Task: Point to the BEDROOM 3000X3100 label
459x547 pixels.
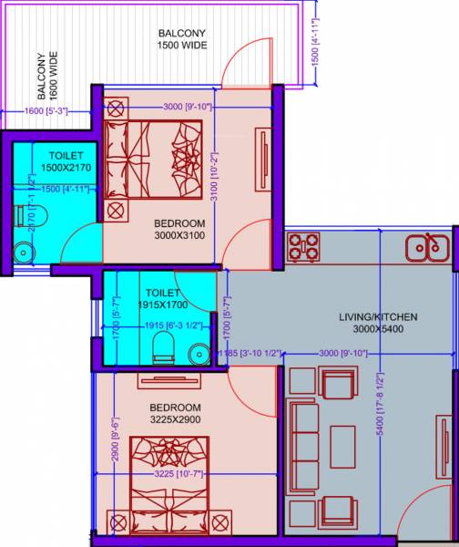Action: tap(178, 229)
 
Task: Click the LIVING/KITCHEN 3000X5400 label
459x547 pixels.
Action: tap(378, 323)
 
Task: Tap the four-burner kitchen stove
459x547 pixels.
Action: tap(303, 246)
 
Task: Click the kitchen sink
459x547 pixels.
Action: tap(424, 246)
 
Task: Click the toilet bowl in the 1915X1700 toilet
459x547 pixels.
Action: tap(165, 346)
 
